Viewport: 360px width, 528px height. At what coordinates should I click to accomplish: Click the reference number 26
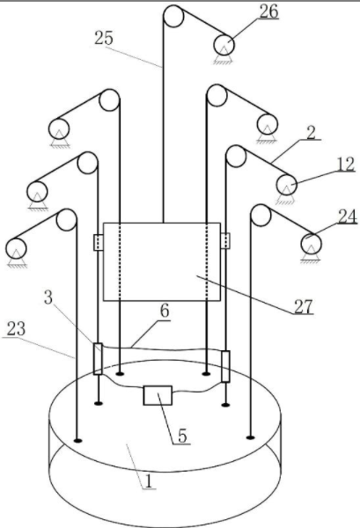269,11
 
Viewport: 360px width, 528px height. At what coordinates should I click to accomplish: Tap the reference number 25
103,38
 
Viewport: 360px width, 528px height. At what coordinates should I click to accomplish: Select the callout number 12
345,165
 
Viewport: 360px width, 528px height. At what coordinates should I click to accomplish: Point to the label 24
347,216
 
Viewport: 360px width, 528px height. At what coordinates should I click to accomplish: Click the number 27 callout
304,306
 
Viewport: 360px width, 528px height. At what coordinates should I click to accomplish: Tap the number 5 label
182,436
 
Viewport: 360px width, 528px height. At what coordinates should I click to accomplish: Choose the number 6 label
165,311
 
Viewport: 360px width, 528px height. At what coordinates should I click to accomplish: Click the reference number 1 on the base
149,481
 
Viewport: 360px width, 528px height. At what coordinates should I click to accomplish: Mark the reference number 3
48,297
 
